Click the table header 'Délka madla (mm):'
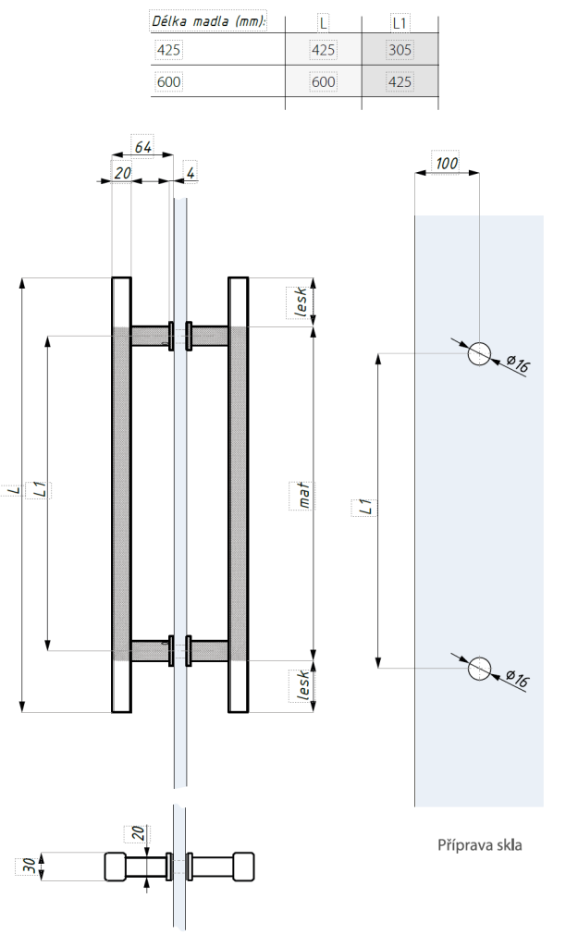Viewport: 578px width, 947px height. pos(208,20)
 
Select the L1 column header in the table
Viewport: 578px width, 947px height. pos(400,20)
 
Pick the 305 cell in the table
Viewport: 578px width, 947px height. pos(400,51)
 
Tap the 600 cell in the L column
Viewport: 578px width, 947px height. pos(323,82)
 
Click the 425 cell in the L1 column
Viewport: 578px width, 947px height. pos(400,82)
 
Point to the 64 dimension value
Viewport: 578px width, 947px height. pos(142,147)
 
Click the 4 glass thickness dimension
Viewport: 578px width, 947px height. pos(190,172)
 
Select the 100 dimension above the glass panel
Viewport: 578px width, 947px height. pos(447,164)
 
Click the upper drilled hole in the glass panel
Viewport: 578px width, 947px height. pos(479,353)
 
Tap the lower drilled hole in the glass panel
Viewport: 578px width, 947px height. pos(479,668)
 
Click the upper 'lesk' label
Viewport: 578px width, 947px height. pos(301,301)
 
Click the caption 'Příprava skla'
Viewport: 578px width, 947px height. pos(480,844)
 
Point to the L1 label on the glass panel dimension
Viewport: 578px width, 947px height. pos(364,507)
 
